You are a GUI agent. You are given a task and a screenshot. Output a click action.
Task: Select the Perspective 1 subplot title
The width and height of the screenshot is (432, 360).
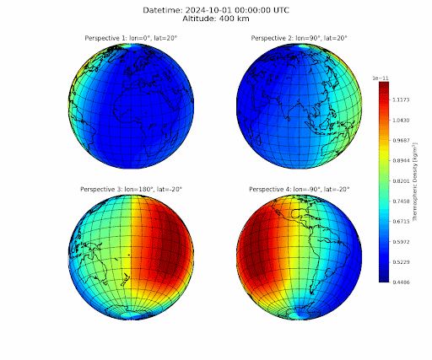coord(131,39)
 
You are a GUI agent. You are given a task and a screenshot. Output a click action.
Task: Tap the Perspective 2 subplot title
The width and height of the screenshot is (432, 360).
coord(299,39)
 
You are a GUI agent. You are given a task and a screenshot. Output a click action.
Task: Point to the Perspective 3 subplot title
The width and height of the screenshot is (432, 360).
coord(131,190)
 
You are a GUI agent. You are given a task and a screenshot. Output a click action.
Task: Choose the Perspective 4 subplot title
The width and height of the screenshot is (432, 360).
coord(299,190)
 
